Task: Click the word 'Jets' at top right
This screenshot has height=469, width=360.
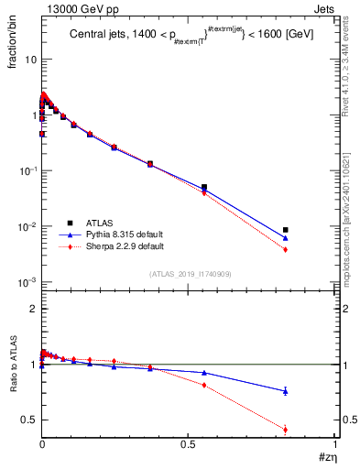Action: [x=325, y=8]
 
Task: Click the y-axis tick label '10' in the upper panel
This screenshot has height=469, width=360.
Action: [x=29, y=60]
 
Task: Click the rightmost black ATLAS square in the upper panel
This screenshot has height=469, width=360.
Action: [x=286, y=230]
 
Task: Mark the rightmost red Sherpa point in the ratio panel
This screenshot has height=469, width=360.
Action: [x=286, y=430]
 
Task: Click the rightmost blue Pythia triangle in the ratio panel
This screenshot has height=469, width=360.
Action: [x=286, y=391]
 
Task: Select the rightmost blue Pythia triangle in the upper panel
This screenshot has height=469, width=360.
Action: [x=286, y=238]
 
